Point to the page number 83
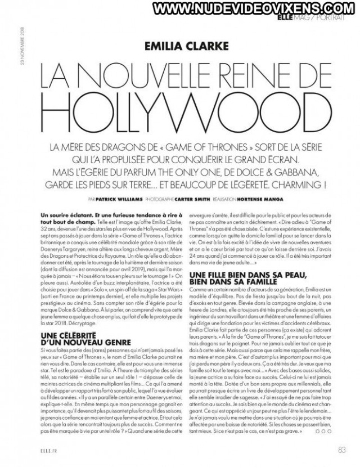(x=341, y=449)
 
